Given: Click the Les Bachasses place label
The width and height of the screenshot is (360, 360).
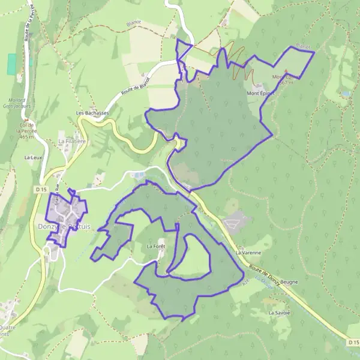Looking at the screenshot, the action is click(92, 113).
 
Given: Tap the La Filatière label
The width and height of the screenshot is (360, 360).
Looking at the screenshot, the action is click(70, 141).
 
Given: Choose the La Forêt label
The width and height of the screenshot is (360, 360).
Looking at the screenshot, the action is click(155, 247).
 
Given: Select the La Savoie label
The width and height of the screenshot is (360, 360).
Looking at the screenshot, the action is click(279, 313).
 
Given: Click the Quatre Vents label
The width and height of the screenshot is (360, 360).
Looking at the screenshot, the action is click(7, 331).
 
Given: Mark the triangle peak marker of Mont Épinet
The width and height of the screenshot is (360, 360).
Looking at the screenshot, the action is click(286, 71).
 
